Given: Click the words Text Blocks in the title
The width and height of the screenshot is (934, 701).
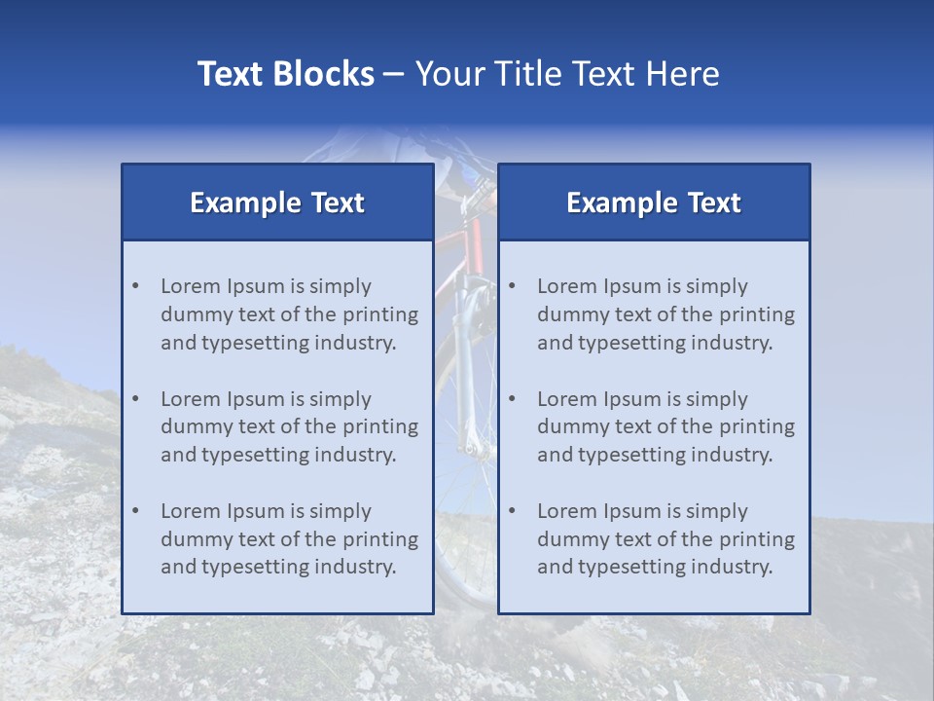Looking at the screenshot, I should click(x=285, y=74).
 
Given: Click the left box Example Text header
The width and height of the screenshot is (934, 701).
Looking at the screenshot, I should click(x=277, y=203).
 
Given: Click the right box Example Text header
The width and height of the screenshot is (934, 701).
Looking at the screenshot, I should click(x=654, y=203).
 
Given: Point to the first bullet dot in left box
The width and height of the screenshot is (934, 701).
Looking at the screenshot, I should click(x=135, y=286).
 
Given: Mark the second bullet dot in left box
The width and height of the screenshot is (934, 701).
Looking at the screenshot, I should click(x=135, y=399).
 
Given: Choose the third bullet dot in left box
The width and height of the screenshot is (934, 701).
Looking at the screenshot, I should click(x=135, y=511).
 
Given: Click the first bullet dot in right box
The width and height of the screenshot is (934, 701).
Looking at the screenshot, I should click(x=512, y=286).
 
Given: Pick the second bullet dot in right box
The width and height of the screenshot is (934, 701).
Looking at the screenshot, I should click(x=512, y=399).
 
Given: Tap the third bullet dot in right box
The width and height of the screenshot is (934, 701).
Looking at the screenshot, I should click(x=512, y=511).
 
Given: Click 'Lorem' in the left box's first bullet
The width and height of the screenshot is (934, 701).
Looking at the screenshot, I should click(x=191, y=286).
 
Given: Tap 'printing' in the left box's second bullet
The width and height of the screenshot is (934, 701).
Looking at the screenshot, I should click(x=381, y=427).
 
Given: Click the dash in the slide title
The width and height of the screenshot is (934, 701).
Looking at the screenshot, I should click(x=394, y=75).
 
